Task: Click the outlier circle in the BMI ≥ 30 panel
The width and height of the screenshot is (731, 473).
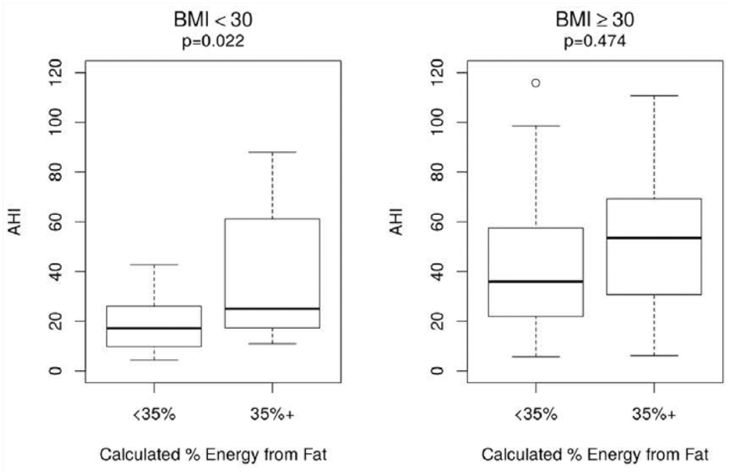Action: (x=535, y=83)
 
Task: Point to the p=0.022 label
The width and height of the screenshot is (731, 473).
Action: (x=213, y=42)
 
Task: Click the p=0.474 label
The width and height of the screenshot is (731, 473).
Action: (x=595, y=42)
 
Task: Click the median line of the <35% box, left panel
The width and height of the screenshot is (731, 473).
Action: (x=154, y=328)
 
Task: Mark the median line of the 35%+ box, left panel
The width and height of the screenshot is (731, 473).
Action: (x=272, y=308)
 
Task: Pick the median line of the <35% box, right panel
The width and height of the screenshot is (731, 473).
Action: (x=536, y=281)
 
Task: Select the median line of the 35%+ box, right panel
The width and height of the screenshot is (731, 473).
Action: (x=654, y=237)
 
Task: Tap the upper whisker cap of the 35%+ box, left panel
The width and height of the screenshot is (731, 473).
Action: (x=272, y=152)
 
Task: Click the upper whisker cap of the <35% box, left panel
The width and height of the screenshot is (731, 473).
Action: (x=154, y=265)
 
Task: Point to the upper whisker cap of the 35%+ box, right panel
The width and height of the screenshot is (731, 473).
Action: (x=654, y=96)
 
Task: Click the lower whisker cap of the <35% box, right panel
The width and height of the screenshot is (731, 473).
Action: (x=536, y=356)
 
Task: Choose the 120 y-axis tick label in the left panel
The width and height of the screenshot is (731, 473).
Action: (x=55, y=72)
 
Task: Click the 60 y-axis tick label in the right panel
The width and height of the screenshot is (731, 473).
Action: (x=437, y=222)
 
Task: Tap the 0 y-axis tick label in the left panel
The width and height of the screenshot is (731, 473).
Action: (x=55, y=371)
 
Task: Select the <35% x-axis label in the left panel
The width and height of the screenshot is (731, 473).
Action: (x=154, y=415)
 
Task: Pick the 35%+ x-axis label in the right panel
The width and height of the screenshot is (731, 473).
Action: (x=654, y=415)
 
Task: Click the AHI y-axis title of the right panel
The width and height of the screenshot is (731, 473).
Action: (x=396, y=222)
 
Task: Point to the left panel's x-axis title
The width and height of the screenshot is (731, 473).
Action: (x=213, y=455)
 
